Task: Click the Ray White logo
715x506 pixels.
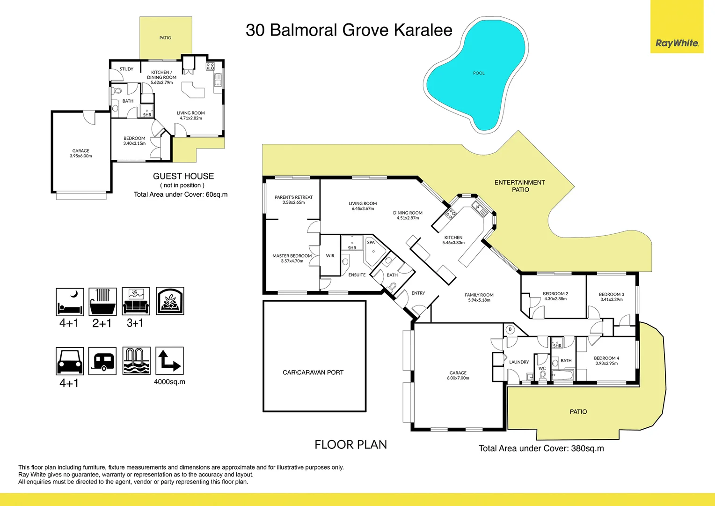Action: click(677, 43)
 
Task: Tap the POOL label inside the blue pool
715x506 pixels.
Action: click(479, 73)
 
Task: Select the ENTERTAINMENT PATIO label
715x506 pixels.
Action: click(520, 186)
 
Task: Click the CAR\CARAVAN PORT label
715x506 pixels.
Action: click(313, 372)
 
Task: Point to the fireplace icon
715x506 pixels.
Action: click(170, 301)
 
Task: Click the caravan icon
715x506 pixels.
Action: click(102, 361)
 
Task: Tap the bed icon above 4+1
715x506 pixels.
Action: click(70, 302)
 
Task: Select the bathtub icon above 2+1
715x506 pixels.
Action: click(102, 302)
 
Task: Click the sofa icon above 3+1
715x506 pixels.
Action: click(136, 302)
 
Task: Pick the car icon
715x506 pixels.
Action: click(70, 361)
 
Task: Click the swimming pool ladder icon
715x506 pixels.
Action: click(136, 361)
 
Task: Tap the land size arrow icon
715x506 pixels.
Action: click(169, 361)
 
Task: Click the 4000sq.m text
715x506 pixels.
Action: click(169, 382)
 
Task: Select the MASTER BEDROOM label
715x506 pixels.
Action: click(292, 256)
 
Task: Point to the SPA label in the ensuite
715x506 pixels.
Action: click(371, 243)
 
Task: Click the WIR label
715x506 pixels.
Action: click(330, 256)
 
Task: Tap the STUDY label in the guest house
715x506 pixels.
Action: click(126, 69)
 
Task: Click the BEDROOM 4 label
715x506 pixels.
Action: click(606, 358)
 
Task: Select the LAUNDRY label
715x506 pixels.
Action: click(519, 362)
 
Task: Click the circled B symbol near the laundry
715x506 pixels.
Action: click(511, 329)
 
